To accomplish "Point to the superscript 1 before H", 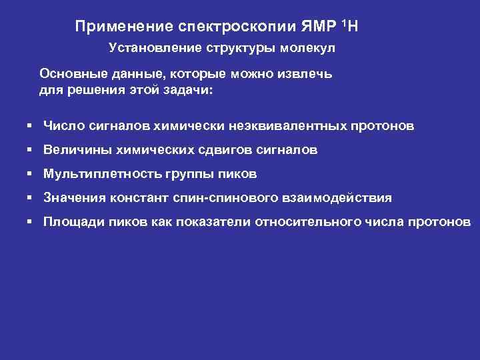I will tap(343, 23).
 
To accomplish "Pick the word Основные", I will tap(71, 72).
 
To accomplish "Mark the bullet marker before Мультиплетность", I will tap(31, 174).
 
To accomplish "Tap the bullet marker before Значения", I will tap(31, 198).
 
